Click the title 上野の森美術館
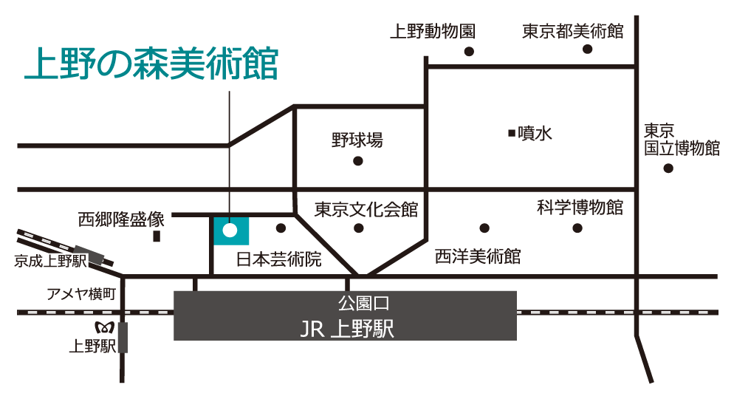pos(151,65)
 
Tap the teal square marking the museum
pos(230,231)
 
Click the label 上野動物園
pos(432,31)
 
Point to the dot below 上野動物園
pos(468,51)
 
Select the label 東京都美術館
pos(573,31)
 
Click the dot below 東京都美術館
pos(588,50)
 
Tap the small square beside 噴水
pos(511,133)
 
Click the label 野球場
pos(357,140)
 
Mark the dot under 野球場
pos(358,160)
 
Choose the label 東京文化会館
pos(366,210)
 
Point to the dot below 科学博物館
pos(578,227)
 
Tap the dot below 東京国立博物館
pos(668,168)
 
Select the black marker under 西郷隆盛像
pos(157,236)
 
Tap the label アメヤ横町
pos(81,294)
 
